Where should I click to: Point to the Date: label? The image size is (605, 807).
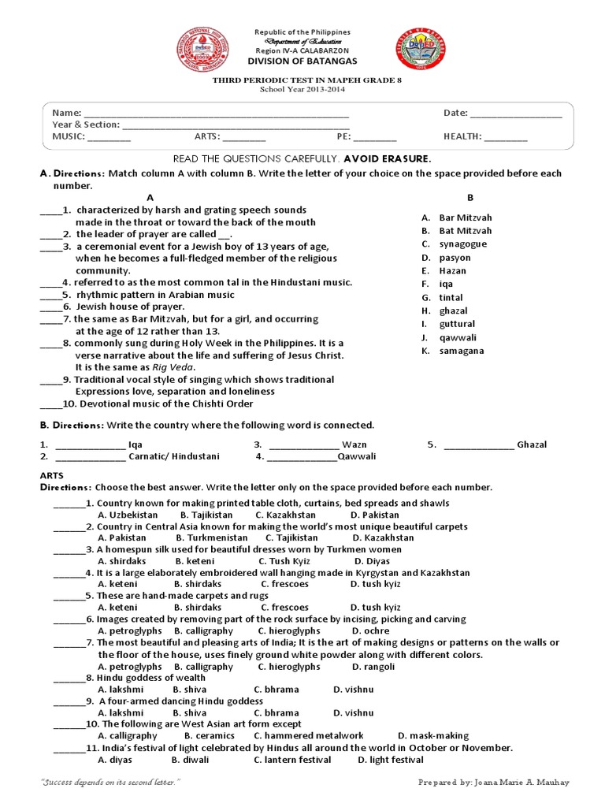[455, 113]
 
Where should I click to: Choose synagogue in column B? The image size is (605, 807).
[462, 244]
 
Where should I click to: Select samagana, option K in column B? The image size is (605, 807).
[462, 351]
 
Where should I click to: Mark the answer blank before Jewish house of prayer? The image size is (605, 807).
[50, 307]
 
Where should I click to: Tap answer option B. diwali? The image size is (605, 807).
[187, 760]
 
